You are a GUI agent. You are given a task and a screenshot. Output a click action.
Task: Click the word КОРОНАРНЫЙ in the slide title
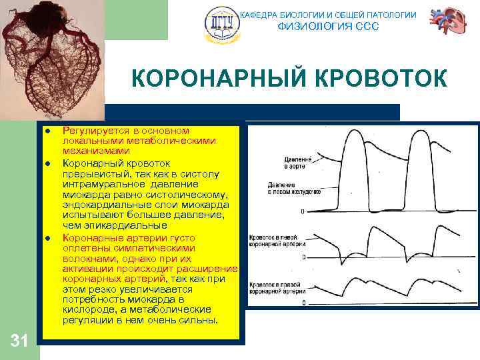(x=213, y=79)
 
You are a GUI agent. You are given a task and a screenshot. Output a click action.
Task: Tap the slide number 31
(x=19, y=341)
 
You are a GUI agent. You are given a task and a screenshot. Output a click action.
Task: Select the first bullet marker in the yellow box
(x=49, y=131)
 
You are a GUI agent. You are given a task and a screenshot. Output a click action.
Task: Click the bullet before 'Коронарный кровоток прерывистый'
(x=49, y=163)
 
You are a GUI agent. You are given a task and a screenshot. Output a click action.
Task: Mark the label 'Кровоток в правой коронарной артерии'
(x=275, y=287)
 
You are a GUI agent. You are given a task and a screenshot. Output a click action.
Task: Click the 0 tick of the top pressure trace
(x=303, y=211)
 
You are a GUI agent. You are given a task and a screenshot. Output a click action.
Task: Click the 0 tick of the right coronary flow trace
(x=303, y=303)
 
